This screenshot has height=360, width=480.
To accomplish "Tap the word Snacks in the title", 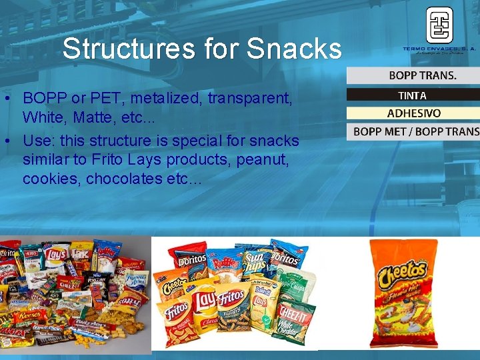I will coord(293,49).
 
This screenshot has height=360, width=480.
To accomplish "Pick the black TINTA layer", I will coord(413,95).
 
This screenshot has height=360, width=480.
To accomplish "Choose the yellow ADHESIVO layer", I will coord(413,113).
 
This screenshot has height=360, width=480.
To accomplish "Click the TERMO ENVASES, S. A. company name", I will coord(439,49).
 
